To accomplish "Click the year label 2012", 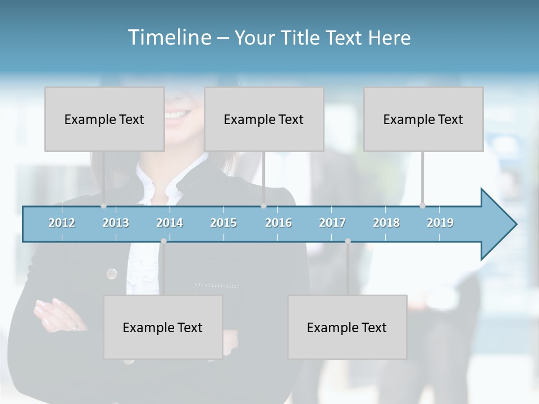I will [x=62, y=223].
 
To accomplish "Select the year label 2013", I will [x=116, y=223].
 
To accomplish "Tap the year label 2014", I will [x=170, y=223].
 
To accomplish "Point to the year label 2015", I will [x=223, y=223].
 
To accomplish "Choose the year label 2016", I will [x=278, y=223].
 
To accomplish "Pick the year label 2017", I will [x=332, y=223].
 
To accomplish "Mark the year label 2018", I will [x=386, y=223].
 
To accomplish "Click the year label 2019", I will [x=440, y=223].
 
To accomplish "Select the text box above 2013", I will [x=104, y=119].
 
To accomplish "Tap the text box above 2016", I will [x=264, y=119].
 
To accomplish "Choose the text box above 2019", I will [x=423, y=119].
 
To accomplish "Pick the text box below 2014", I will [x=163, y=327].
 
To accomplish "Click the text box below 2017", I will [x=347, y=327].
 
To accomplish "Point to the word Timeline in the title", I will [x=168, y=38].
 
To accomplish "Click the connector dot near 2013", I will [x=103, y=206].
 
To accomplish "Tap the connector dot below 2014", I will [x=163, y=241].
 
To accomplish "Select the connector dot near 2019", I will [x=422, y=206].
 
